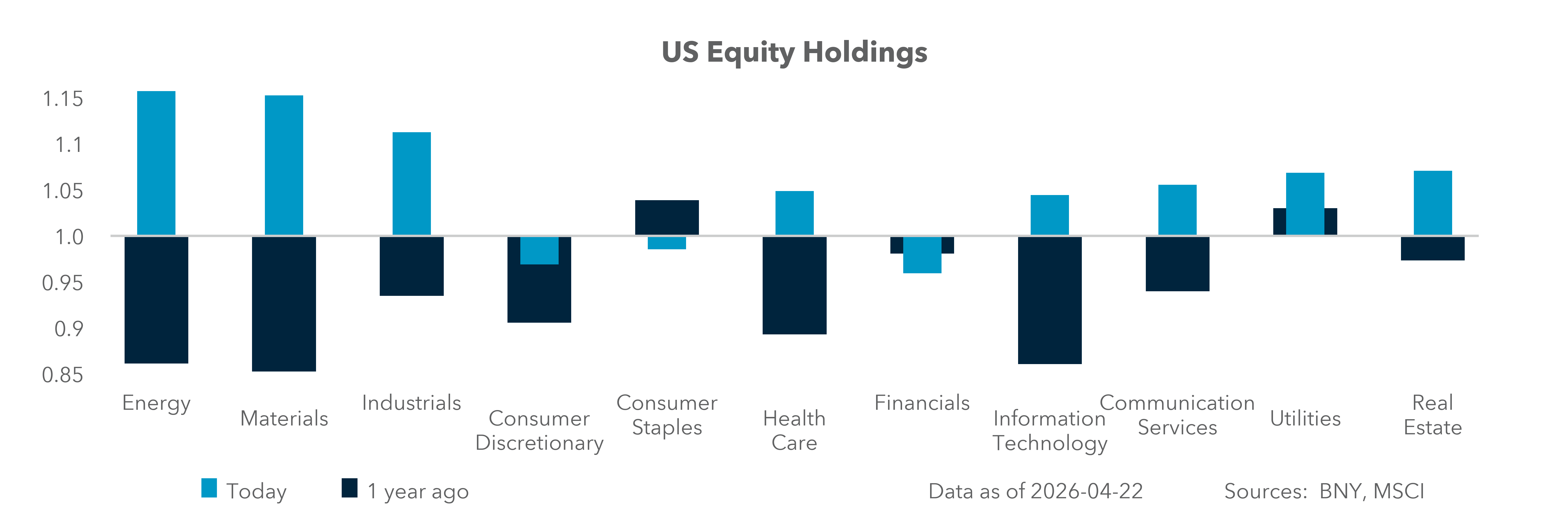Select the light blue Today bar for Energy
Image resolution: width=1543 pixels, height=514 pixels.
point(156,163)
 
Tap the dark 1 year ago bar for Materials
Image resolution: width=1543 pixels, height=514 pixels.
point(284,304)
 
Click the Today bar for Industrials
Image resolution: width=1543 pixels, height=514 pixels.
point(411,183)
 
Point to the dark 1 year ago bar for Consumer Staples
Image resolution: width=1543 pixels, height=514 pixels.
point(667,217)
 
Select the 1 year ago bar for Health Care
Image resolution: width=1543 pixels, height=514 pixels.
point(794,286)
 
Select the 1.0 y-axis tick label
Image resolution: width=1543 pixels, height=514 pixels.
point(69,237)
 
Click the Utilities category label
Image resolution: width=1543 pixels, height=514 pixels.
point(1305,418)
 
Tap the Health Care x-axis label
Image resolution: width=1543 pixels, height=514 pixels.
point(794,430)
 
